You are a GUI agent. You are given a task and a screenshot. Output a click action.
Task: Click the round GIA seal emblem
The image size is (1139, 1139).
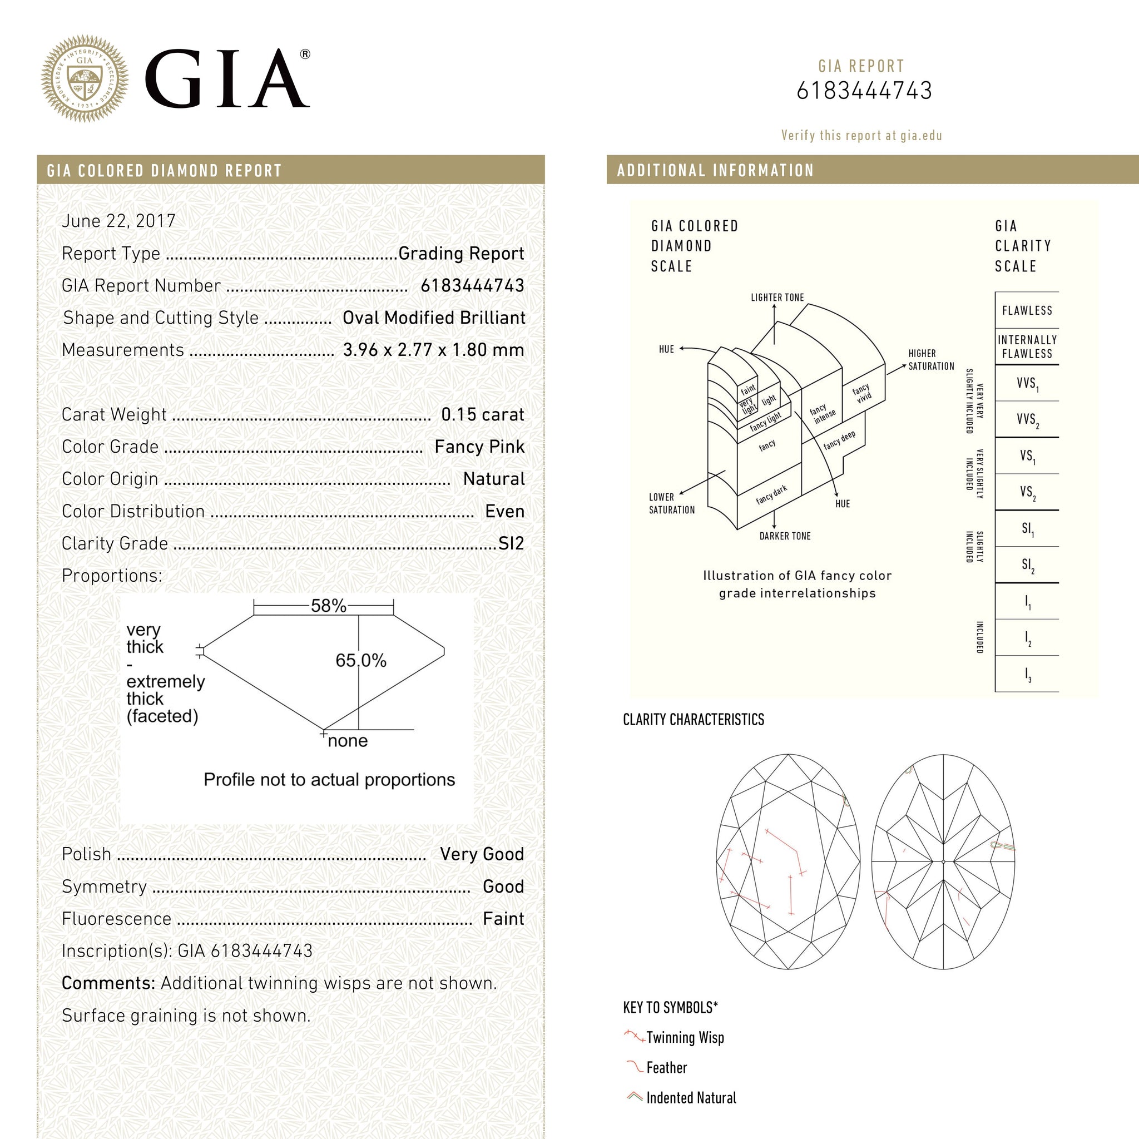(x=85, y=78)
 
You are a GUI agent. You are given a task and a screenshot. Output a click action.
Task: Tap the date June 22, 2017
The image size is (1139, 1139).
(x=118, y=221)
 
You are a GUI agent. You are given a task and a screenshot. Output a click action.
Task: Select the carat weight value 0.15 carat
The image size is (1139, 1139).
(x=482, y=414)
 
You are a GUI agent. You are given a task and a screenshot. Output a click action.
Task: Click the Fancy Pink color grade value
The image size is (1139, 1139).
(x=479, y=447)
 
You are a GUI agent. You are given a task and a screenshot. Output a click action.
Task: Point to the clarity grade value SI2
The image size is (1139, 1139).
(x=511, y=543)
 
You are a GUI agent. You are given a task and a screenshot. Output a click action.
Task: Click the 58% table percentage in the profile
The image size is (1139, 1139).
(x=328, y=606)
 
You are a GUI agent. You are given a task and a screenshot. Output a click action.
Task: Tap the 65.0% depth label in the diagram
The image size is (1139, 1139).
(x=361, y=660)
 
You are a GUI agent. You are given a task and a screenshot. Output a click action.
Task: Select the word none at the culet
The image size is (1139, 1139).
(x=347, y=741)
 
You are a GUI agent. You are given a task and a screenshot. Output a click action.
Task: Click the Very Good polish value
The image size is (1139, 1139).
(x=482, y=854)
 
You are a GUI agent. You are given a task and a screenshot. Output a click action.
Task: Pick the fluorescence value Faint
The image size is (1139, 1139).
(x=503, y=919)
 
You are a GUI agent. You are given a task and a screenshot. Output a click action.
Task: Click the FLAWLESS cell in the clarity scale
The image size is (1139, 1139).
(x=1027, y=311)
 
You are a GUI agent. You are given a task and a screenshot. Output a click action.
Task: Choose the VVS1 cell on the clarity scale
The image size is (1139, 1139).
(x=1027, y=384)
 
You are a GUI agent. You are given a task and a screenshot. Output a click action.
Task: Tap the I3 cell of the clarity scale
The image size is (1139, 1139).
(x=1028, y=675)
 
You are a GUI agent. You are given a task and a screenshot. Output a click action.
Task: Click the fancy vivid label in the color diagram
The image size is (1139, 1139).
(x=862, y=393)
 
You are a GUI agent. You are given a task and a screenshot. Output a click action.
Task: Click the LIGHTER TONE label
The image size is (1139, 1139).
(x=777, y=298)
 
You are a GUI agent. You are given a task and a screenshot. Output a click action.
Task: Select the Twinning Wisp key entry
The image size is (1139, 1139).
(x=685, y=1038)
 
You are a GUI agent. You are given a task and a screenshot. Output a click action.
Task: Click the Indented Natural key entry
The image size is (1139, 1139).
(x=691, y=1098)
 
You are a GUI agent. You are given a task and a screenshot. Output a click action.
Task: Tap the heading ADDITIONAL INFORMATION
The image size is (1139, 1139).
(x=715, y=170)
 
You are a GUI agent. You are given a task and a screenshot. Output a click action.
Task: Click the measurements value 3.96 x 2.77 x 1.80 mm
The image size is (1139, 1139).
(x=433, y=350)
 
